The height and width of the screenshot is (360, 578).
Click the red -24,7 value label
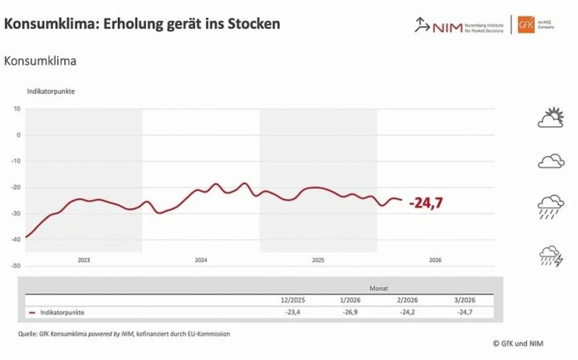point(426,202)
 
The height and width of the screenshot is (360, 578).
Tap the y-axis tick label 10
point(17,109)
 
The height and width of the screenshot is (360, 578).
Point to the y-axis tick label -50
point(16,265)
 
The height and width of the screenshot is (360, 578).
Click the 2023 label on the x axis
point(83,261)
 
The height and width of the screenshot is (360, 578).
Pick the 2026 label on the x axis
point(435,261)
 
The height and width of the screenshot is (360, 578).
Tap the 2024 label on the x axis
point(200,261)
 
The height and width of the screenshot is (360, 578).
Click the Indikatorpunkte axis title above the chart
point(50,91)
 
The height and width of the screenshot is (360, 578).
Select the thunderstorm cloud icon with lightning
point(551,256)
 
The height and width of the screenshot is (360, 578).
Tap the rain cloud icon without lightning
point(551,207)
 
